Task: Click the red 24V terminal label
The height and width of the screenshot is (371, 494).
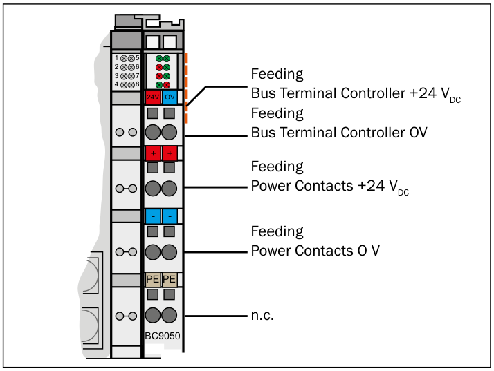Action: (153, 97)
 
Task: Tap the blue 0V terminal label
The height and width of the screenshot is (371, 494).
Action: (170, 97)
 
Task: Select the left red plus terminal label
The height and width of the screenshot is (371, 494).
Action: (153, 153)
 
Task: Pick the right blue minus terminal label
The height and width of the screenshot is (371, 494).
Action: (170, 216)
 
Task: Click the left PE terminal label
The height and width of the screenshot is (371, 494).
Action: (153, 279)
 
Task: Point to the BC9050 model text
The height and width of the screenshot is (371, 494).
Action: (163, 336)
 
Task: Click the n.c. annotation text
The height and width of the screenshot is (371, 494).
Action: (262, 315)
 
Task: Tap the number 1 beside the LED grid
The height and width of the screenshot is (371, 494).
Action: (116, 58)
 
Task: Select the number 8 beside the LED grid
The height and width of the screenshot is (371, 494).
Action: (138, 84)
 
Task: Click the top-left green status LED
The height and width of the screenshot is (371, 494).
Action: (159, 59)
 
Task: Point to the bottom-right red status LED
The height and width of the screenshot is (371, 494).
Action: (167, 85)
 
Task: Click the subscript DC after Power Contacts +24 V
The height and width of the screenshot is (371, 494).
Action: (403, 192)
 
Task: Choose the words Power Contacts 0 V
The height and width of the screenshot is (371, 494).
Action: (315, 251)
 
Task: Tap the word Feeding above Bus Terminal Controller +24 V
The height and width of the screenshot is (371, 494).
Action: (277, 74)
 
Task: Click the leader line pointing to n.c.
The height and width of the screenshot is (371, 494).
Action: (216, 316)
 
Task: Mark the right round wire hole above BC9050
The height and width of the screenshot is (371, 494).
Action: (170, 315)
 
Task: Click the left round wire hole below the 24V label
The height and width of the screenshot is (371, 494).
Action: (153, 132)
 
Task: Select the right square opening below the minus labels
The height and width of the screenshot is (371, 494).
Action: (170, 231)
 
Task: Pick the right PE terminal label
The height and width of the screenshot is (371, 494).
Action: (170, 279)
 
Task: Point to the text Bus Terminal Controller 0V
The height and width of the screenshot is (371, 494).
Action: (339, 133)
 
